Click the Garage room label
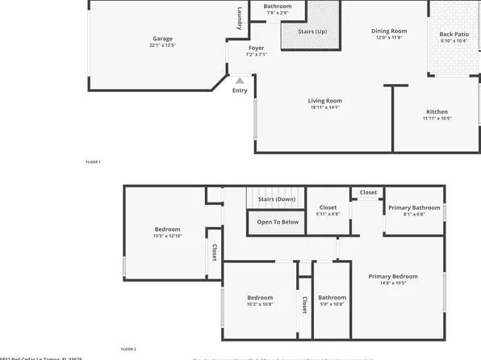(162, 39)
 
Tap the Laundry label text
(240, 19)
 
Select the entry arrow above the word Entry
(239, 80)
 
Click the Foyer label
(256, 48)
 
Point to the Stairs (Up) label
(312, 31)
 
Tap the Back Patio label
(454, 35)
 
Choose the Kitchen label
(437, 112)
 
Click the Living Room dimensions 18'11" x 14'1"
(325, 107)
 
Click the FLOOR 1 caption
(93, 162)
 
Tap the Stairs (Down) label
(276, 199)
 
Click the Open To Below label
(278, 222)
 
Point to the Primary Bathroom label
(414, 207)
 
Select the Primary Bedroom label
(393, 277)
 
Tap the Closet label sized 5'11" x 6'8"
(328, 207)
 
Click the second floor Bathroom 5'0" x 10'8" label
(332, 297)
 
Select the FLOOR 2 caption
(128, 350)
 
